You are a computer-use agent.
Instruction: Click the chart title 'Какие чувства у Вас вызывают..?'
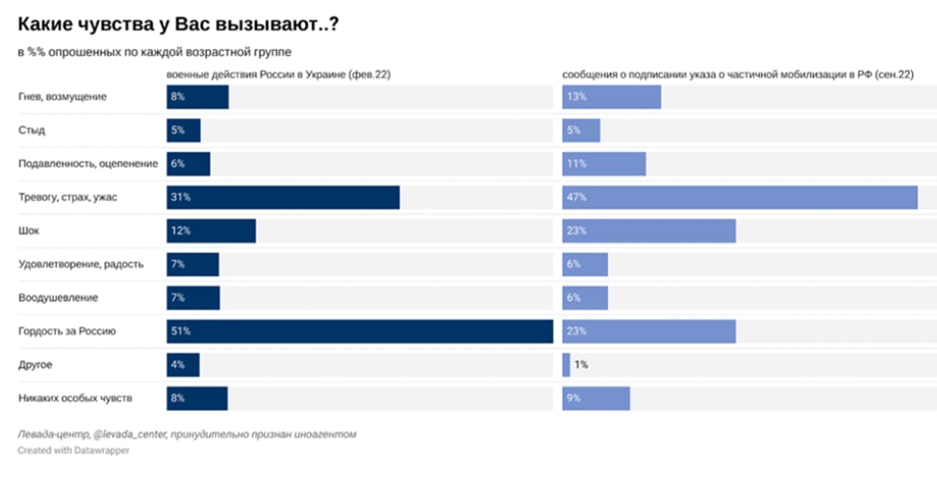tap(178, 25)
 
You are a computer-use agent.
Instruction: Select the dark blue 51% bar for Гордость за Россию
tap(360, 331)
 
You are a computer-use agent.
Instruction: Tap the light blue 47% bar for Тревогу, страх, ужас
tap(740, 197)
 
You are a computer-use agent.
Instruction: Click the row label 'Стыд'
tap(32, 130)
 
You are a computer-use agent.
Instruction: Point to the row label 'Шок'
tap(29, 231)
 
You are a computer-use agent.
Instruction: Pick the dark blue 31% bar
tap(283, 197)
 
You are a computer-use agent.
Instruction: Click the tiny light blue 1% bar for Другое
tap(566, 364)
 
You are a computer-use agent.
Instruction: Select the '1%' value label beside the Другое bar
tap(581, 364)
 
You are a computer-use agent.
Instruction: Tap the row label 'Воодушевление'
tap(58, 298)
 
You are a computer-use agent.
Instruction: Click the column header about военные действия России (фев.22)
tap(278, 75)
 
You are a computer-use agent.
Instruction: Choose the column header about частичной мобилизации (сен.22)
tap(738, 75)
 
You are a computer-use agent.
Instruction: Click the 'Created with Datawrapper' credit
tap(73, 450)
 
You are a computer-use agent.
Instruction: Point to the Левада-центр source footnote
tap(187, 435)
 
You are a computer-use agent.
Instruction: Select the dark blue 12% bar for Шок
tap(211, 231)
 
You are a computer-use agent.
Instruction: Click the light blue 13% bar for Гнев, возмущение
tap(611, 97)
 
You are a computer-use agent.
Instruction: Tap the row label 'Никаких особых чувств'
tap(75, 398)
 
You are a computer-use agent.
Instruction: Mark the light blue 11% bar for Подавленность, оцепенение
tap(604, 163)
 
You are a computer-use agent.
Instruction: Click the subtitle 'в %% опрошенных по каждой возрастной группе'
tap(155, 52)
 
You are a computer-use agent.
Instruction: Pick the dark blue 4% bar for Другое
tap(183, 364)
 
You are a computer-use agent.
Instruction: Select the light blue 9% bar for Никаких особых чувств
tap(595, 398)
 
